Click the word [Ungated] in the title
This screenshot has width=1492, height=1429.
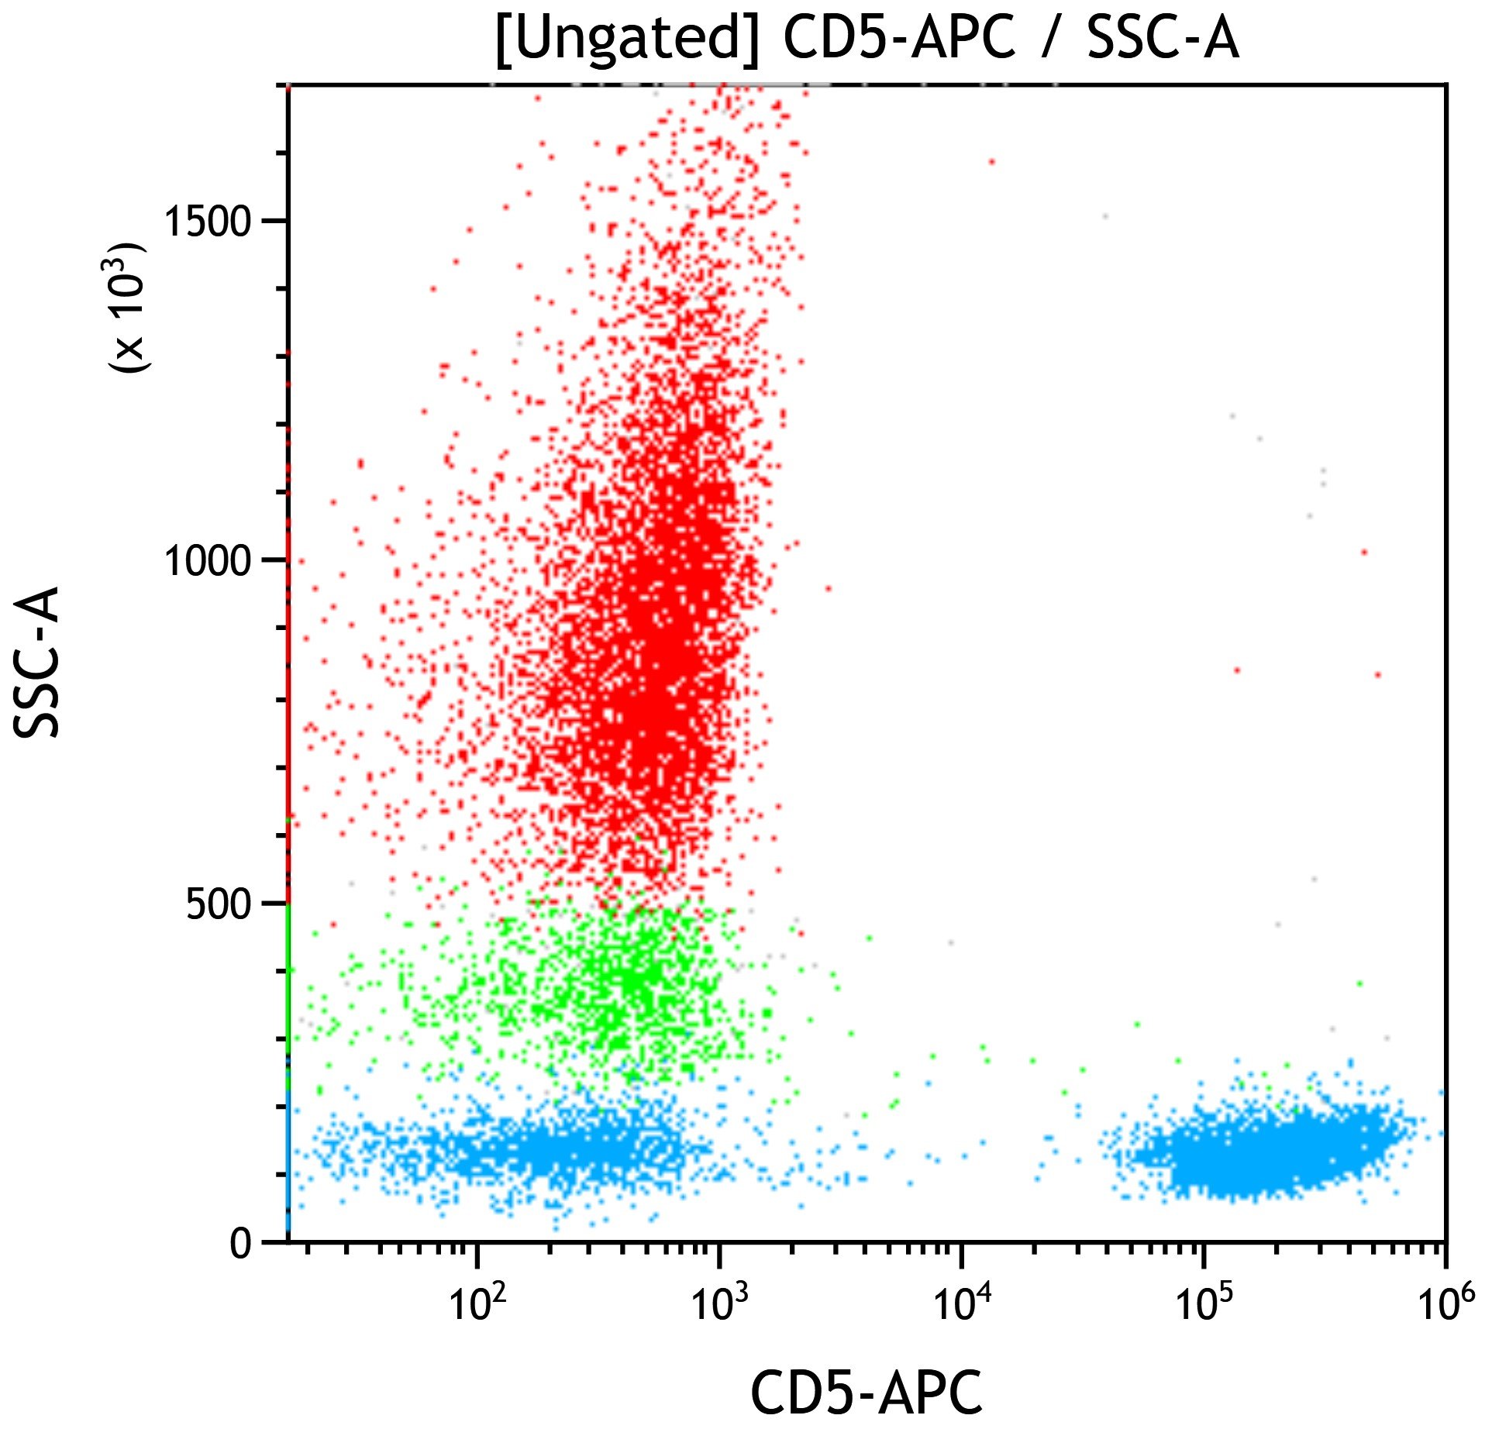[x=626, y=39]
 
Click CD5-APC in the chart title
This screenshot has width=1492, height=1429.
[x=898, y=39]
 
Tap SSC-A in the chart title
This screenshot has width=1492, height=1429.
[x=1163, y=39]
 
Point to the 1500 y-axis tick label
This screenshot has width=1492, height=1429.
[x=208, y=222]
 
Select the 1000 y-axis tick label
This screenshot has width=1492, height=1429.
[x=208, y=560]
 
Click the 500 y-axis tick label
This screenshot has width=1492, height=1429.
[x=219, y=904]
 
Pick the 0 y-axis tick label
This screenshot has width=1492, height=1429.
[x=241, y=1245]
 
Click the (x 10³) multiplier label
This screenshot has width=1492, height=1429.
[x=126, y=308]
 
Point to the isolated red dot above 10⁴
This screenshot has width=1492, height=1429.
[x=991, y=162]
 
